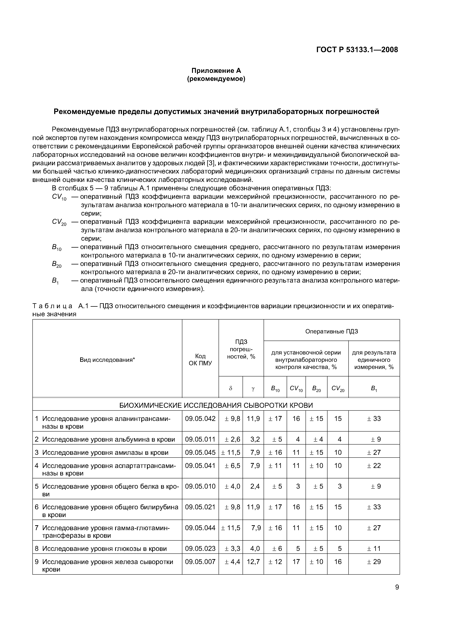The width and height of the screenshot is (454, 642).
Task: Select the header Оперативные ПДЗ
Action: click(332, 331)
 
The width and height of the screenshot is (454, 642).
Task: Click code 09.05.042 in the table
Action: click(200, 419)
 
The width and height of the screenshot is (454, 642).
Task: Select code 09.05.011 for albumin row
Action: click(200, 439)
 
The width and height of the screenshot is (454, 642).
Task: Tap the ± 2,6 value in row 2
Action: click(232, 439)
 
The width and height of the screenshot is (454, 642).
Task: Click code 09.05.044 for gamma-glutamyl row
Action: click(200, 528)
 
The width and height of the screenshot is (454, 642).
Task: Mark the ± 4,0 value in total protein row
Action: click(232, 486)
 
